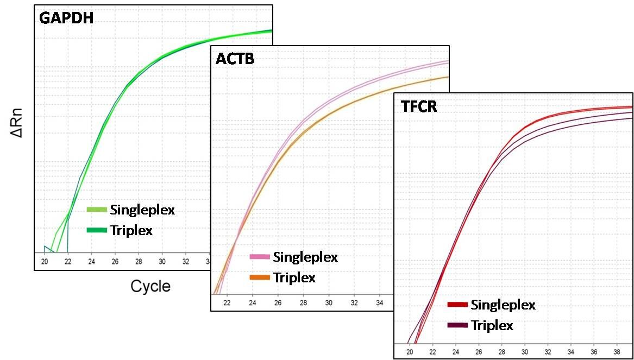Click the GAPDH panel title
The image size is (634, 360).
tap(66, 18)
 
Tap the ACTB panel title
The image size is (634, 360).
tap(235, 58)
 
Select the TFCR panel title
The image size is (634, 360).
tap(419, 106)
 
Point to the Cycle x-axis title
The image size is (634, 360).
tap(150, 286)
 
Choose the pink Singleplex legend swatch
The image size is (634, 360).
tap(260, 256)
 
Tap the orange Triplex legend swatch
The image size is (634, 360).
tap(260, 277)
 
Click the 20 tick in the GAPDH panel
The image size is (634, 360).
tap(45, 261)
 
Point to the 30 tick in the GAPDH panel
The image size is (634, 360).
tap(162, 261)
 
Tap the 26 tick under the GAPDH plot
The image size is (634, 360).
tap(115, 261)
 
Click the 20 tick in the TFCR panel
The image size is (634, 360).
tap(409, 351)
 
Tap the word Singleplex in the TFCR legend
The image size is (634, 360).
tap(503, 305)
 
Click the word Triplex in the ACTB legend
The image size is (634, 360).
tap(294, 277)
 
